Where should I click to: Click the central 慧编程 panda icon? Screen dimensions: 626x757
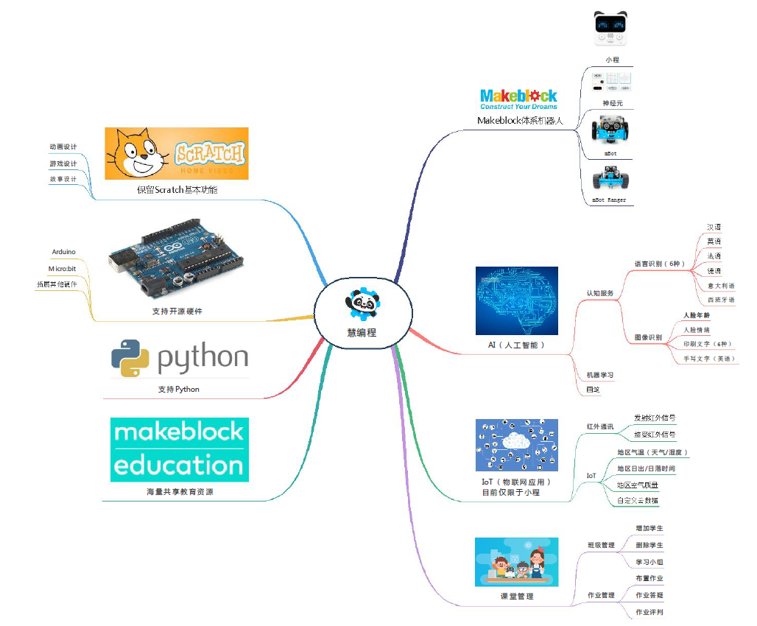[x=362, y=303]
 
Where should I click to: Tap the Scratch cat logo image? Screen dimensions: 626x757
[x=177, y=153]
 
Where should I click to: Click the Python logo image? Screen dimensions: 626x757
[x=179, y=358]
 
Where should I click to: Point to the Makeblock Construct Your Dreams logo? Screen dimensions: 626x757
[x=518, y=99]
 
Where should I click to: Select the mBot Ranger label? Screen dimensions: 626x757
[x=610, y=200]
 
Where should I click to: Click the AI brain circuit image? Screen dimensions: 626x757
[x=517, y=300]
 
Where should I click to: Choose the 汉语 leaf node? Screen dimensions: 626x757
[x=714, y=228]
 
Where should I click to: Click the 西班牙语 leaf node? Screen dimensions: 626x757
[x=720, y=300]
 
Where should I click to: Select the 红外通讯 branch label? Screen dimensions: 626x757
[x=599, y=426]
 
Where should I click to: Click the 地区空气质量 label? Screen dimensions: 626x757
[x=637, y=485]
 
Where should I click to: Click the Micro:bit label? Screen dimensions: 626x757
[x=63, y=269]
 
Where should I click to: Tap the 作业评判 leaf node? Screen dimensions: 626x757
[x=649, y=611]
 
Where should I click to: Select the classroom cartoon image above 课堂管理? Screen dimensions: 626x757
[x=516, y=562]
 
